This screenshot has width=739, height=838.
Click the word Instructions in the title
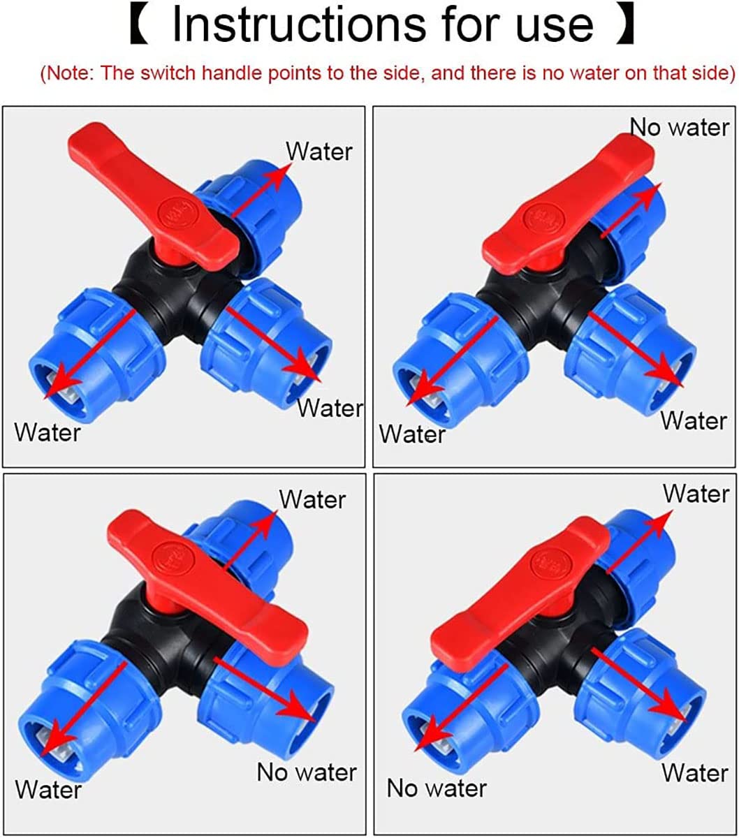tap(299, 25)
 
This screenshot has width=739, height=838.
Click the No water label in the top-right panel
tap(680, 127)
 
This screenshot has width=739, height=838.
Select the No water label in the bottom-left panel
tap(307, 772)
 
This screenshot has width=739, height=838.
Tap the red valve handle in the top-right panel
tap(569, 203)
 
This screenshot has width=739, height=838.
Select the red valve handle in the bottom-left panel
tap(207, 585)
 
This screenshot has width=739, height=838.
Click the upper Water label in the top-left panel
tap(319, 152)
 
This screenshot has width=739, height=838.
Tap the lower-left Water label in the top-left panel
tap(47, 433)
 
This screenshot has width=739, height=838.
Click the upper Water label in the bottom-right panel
tap(696, 494)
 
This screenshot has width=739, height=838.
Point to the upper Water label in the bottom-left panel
tap(312, 499)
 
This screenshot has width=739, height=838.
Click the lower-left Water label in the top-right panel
tap(413, 434)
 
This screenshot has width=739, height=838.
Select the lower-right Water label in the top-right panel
tap(694, 421)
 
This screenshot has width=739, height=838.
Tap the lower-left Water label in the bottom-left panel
tap(48, 790)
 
